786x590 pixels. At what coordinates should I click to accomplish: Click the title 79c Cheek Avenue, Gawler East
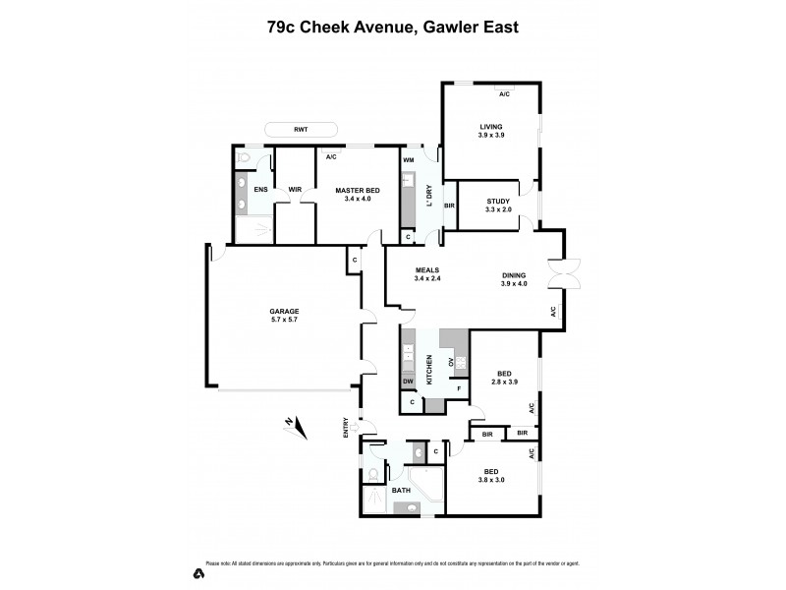[x=393, y=27]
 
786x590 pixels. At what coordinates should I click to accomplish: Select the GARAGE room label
[x=284, y=311]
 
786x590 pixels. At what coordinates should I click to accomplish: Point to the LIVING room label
[x=491, y=127]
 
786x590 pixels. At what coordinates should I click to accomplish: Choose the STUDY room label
[x=499, y=200]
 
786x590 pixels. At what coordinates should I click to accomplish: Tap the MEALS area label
[x=426, y=269]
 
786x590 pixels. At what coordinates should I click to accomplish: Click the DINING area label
[x=514, y=275]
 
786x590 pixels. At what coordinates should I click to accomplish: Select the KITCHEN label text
[x=429, y=368]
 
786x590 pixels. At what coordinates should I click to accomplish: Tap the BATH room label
[x=401, y=489]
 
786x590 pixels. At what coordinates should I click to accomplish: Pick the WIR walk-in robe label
[x=294, y=190]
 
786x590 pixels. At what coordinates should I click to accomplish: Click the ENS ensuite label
[x=260, y=190]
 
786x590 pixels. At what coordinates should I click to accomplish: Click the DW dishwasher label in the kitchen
[x=408, y=382]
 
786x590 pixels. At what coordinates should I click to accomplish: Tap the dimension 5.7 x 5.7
[x=284, y=319]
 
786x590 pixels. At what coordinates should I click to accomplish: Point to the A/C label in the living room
[x=504, y=94]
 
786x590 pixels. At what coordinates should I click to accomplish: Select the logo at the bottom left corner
[x=197, y=572]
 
